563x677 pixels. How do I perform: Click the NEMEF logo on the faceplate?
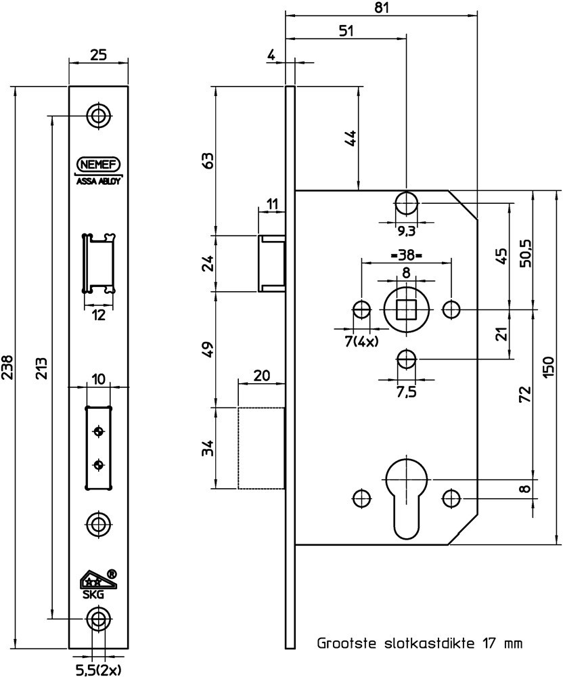click(98, 165)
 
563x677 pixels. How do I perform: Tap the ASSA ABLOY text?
click(98, 181)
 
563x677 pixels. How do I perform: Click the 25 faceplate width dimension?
click(98, 55)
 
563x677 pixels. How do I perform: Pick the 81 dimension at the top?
click(382, 7)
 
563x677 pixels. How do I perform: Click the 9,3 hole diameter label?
click(405, 232)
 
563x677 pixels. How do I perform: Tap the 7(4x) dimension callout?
click(361, 341)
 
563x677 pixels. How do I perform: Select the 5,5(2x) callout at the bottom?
click(99, 670)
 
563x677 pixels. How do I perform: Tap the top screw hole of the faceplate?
click(99, 115)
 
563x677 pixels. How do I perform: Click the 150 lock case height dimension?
click(548, 368)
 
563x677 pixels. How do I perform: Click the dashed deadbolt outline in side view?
click(261, 447)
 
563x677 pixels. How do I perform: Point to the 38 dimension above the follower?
click(406, 255)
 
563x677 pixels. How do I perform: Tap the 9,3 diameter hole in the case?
click(406, 202)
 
